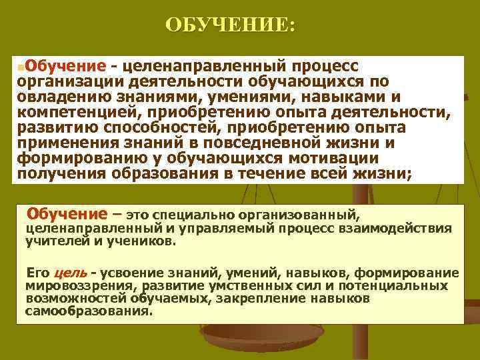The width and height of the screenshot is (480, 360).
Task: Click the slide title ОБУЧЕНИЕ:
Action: pyautogui.click(x=229, y=25)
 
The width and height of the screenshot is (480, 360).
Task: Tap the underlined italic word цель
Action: pyautogui.click(x=70, y=273)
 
